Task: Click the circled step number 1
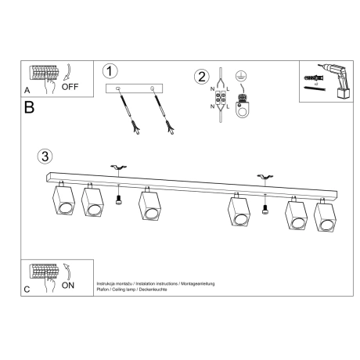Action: pyautogui.click(x=111, y=71)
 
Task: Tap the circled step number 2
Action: pyautogui.click(x=202, y=77)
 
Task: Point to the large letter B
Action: pyautogui.click(x=29, y=107)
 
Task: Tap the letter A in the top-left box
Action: pyautogui.click(x=27, y=90)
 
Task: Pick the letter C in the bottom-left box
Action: pyautogui.click(x=27, y=289)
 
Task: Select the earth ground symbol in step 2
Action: pyautogui.click(x=242, y=77)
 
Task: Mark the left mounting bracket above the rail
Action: pyautogui.click(x=119, y=167)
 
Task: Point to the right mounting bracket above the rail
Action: pyautogui.click(x=263, y=176)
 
